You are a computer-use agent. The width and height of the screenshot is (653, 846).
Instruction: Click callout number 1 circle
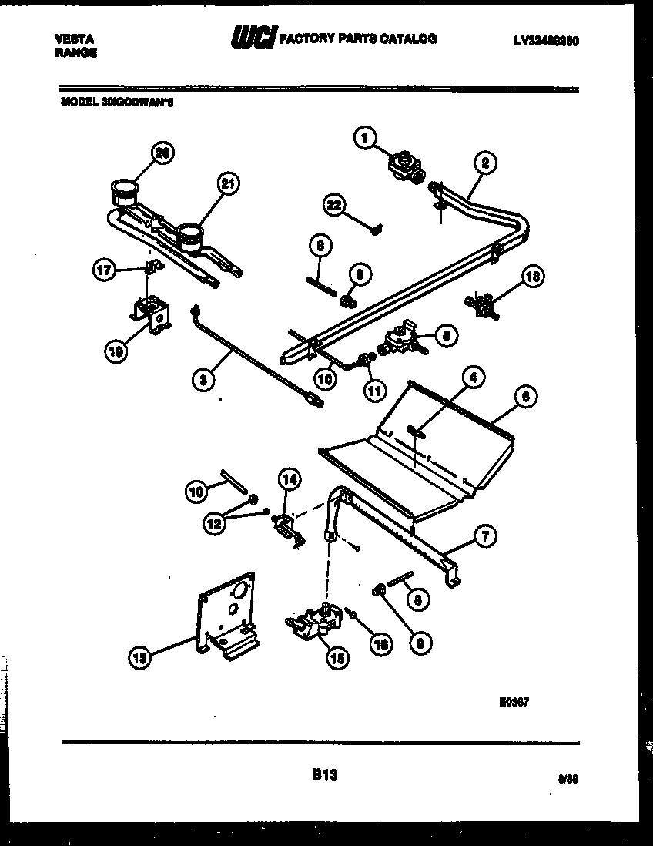364,139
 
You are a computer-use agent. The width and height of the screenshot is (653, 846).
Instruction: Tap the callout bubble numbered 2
485,163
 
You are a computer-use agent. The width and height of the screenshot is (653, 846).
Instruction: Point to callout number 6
525,397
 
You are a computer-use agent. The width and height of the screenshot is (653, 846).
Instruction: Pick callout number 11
374,391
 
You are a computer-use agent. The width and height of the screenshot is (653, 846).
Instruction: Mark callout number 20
160,153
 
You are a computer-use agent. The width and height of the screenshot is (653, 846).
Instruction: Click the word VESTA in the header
75,39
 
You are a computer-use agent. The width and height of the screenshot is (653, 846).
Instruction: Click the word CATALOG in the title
410,39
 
